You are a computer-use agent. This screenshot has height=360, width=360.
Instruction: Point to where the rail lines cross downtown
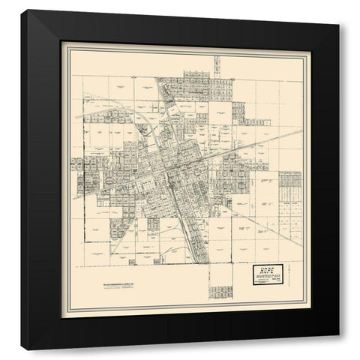coord(174,175)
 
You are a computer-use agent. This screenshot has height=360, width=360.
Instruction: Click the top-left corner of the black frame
coord(22,11)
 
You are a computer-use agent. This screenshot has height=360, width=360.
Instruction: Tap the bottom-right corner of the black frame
coord(338,349)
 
